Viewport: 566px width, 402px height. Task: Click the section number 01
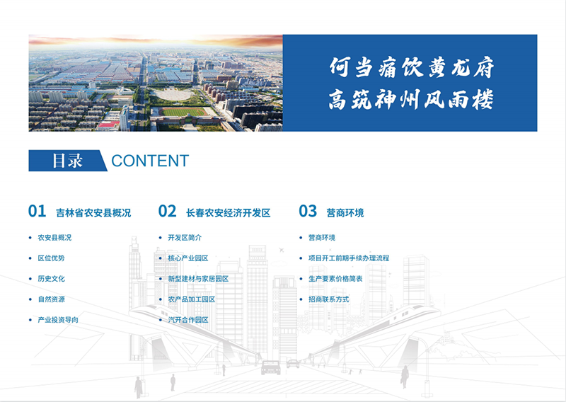(37, 212)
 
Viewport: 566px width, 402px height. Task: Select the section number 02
(167, 212)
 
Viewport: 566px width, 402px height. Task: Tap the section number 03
(308, 212)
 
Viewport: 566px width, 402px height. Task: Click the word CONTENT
(150, 161)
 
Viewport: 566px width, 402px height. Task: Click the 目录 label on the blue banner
(67, 161)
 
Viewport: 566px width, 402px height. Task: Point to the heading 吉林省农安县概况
(93, 213)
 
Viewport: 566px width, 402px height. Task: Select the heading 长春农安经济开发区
(228, 213)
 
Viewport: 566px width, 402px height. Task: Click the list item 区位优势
(51, 258)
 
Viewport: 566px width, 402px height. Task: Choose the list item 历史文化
(51, 279)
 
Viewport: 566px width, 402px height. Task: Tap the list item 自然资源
(51, 299)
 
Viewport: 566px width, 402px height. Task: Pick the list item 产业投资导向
(58, 320)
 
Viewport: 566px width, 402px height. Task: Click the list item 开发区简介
(185, 238)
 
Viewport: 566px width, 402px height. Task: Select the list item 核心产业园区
(188, 258)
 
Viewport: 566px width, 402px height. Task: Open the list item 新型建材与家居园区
(198, 279)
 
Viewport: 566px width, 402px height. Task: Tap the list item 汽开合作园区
(188, 320)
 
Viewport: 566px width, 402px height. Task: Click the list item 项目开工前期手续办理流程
(349, 258)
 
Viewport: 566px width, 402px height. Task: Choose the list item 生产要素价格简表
(335, 279)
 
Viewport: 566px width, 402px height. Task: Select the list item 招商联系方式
(328, 299)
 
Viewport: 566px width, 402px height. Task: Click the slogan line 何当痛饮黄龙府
(412, 67)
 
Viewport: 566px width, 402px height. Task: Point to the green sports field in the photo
(183, 112)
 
